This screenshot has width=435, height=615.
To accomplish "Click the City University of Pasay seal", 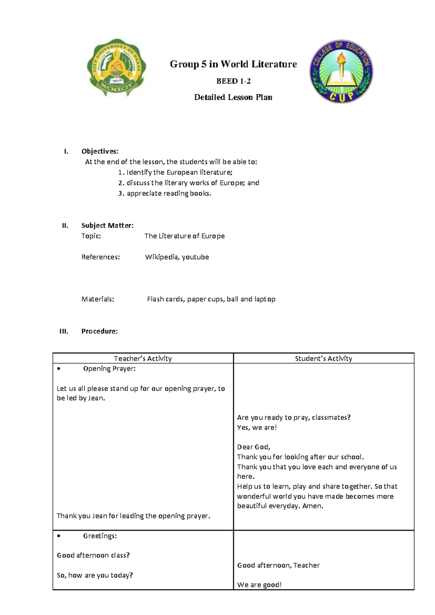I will pyautogui.click(x=116, y=67).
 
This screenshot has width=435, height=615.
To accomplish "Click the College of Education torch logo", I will pyautogui.click(x=341, y=71).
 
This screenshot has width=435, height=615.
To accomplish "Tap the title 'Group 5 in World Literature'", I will pyautogui.click(x=233, y=65).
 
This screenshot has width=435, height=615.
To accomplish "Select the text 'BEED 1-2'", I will pyautogui.click(x=233, y=81).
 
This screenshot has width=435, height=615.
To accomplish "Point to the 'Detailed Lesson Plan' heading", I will pyautogui.click(x=233, y=97).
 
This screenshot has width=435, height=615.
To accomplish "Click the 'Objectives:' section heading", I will pyautogui.click(x=100, y=152).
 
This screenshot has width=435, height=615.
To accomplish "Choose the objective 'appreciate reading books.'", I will pyautogui.click(x=169, y=194).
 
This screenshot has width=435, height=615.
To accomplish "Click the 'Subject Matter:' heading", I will pyautogui.click(x=107, y=226).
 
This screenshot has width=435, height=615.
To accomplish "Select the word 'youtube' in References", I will pyautogui.click(x=195, y=257).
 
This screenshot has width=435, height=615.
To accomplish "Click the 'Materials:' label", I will pyautogui.click(x=98, y=299).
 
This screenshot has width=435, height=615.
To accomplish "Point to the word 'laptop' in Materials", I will pyautogui.click(x=265, y=299).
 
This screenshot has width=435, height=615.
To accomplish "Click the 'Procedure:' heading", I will pyautogui.click(x=99, y=331).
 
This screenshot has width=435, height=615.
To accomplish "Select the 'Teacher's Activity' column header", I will pyautogui.click(x=143, y=359).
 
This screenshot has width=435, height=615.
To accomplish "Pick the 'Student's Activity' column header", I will pyautogui.click(x=323, y=359).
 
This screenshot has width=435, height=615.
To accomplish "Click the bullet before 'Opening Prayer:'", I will pyautogui.click(x=59, y=369).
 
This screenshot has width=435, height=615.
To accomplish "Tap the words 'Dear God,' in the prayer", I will pyautogui.click(x=253, y=447).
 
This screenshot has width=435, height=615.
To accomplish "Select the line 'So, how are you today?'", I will pyautogui.click(x=95, y=575).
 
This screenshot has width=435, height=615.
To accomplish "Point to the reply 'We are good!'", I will pyautogui.click(x=259, y=585).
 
